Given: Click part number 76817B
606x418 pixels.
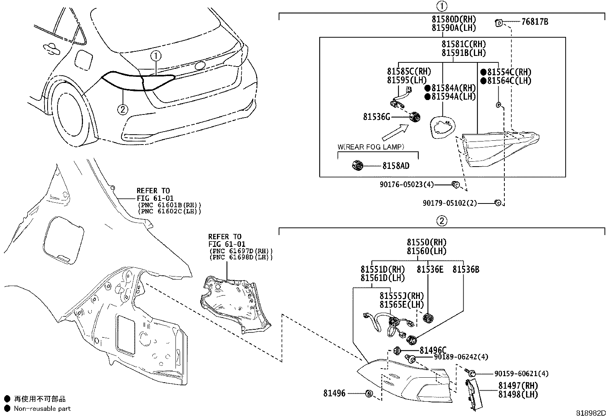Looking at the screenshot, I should click(x=534, y=22).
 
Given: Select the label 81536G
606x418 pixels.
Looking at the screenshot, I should click(x=376, y=117).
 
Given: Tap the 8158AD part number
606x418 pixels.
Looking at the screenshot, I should click(x=396, y=166).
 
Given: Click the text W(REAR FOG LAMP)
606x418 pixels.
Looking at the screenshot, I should click(x=371, y=147).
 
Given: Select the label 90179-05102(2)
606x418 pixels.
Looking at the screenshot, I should click(x=450, y=203).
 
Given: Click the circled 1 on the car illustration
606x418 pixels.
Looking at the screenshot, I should click(x=156, y=56).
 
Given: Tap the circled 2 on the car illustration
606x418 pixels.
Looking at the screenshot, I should click(x=122, y=110).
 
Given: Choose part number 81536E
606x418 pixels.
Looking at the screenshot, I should click(x=430, y=270).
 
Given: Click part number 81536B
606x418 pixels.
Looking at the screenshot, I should click(x=466, y=270).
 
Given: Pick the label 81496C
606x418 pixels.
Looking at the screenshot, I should click(x=433, y=350).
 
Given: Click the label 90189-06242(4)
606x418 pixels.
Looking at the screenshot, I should click(x=461, y=357).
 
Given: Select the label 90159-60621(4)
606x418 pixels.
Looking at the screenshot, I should click(x=521, y=374).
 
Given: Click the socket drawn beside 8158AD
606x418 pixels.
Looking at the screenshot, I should click(x=357, y=165).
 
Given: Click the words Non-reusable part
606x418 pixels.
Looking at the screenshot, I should click(x=42, y=409).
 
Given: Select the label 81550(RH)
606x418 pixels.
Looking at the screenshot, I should click(x=426, y=242).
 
